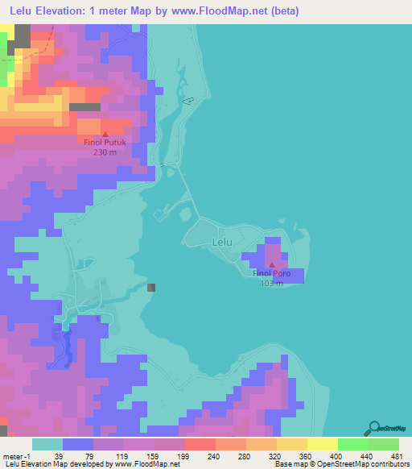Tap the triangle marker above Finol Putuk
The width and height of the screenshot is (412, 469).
click(x=105, y=134)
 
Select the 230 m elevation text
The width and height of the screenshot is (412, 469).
click(x=106, y=152)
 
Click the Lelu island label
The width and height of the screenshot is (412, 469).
click(x=222, y=241)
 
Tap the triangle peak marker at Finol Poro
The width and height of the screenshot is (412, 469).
click(x=272, y=265)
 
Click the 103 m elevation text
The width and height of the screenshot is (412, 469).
click(x=272, y=283)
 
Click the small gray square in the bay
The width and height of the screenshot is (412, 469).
click(x=151, y=287)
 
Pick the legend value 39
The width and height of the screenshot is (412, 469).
click(x=57, y=455)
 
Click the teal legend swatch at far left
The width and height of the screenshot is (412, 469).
click(x=47, y=444)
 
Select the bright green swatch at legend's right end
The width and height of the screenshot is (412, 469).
click(x=383, y=444)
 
